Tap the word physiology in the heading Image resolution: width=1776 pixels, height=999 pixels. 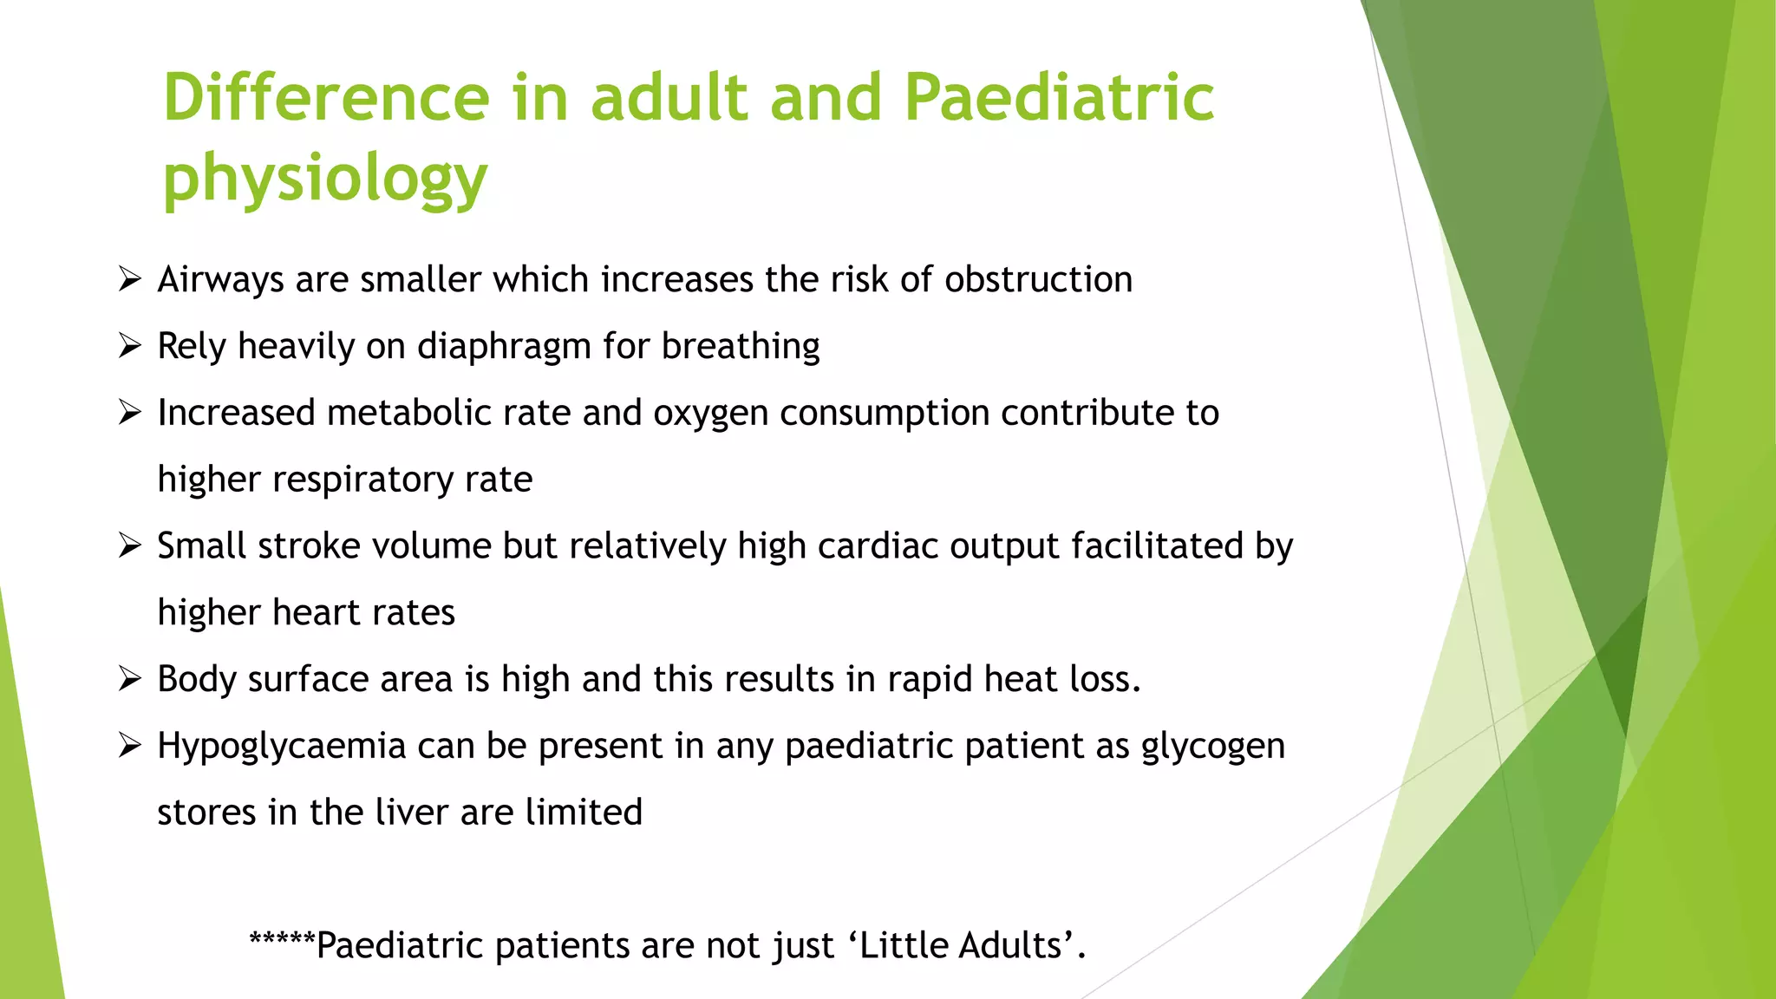coord(325,179)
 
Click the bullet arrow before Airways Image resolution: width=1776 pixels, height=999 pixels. coord(130,279)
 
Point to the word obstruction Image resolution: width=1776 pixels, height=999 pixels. coord(1038,279)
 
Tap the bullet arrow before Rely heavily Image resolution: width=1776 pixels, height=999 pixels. coord(130,346)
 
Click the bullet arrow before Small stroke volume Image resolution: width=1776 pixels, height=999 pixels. coord(130,545)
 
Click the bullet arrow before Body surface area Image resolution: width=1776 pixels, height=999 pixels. coord(130,679)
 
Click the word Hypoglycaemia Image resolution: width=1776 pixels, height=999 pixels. coord(282,747)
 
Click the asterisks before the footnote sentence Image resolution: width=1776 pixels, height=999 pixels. coord(282,940)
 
